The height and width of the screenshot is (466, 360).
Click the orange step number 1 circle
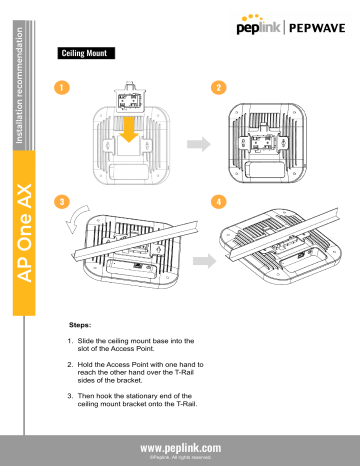tap(63, 87)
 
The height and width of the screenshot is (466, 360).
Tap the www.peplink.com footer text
tap(181, 448)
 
